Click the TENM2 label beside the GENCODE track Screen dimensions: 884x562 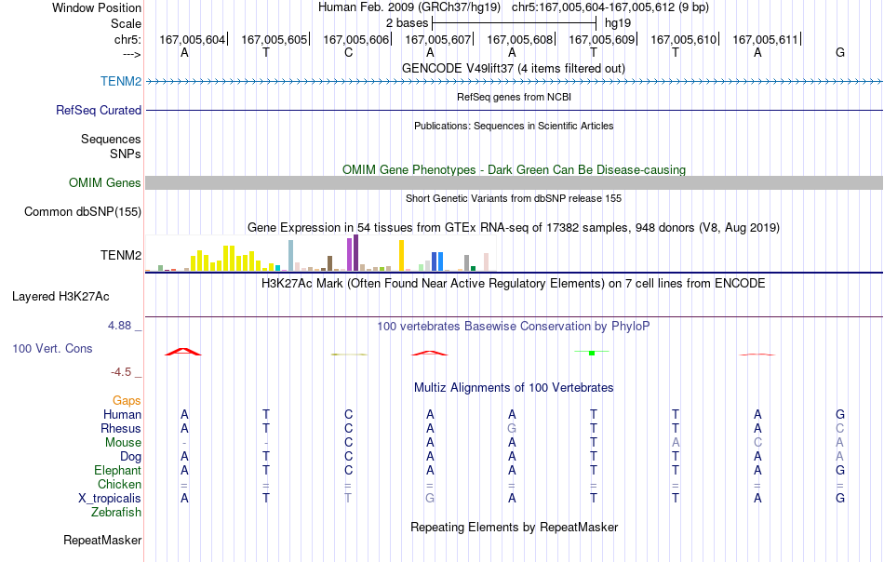tap(121, 81)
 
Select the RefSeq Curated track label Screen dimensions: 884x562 tap(99, 110)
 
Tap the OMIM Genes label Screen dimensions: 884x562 tap(105, 182)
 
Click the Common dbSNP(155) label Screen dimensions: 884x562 tap(83, 212)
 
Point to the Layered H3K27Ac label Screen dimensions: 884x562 tap(60, 297)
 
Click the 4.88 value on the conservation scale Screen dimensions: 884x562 tap(119, 326)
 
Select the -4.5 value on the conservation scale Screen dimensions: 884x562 tap(121, 372)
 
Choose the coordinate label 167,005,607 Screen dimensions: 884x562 tap(437, 39)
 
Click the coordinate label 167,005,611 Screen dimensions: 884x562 tap(765, 39)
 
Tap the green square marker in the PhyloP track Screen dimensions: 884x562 tap(592, 353)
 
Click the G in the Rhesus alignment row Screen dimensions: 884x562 tap(512, 428)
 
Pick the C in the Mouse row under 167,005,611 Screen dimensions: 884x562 tap(757, 443)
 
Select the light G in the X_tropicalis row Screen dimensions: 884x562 tap(430, 499)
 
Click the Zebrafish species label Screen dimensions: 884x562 tap(116, 513)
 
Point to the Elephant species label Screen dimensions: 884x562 tap(118, 470)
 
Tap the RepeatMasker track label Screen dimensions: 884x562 tap(102, 540)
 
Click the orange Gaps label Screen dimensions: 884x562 tap(127, 400)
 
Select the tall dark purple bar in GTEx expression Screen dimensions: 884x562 tap(355, 253)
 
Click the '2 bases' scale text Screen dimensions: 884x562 tap(407, 23)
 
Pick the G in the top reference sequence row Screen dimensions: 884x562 tap(840, 52)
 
